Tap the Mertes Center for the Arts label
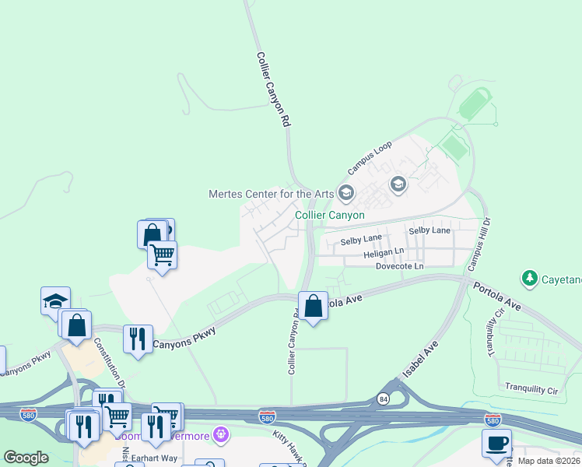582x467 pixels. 271,194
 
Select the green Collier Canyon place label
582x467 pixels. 330,215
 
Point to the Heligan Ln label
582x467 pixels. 384,253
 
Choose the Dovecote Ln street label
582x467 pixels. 399,266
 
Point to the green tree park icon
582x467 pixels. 530,278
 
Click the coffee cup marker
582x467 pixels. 496,444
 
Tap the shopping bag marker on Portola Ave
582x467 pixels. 314,306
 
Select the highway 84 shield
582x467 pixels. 383,399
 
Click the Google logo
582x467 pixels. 26,458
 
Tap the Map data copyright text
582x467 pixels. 548,461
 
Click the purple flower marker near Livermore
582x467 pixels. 222,434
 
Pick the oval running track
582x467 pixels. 474,104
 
